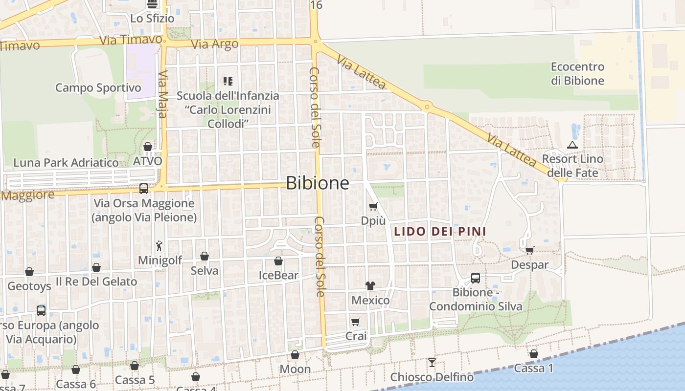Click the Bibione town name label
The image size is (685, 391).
[x=318, y=183]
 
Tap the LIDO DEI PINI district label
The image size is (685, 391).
[x=440, y=231]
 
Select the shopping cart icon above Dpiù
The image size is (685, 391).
[x=373, y=207]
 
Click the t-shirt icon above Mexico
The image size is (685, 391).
[x=370, y=286]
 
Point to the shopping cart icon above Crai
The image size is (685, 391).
[x=356, y=322]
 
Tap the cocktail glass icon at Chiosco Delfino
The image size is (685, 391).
[x=432, y=363]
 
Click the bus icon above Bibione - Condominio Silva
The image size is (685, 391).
[x=475, y=278]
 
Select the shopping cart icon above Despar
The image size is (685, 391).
[x=529, y=251]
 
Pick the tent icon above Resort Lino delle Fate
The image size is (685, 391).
[x=572, y=145]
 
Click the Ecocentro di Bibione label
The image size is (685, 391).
[x=577, y=74]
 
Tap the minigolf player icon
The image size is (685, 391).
[x=159, y=245]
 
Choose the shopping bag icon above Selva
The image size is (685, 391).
[x=205, y=256]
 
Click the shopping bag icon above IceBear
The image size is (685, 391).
[x=278, y=261]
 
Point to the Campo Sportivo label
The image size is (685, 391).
[x=98, y=88]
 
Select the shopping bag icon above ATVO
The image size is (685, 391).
[x=148, y=147]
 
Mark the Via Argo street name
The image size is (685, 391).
[x=215, y=44]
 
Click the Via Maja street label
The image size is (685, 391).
[x=163, y=94]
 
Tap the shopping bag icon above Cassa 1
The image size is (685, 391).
[x=534, y=354]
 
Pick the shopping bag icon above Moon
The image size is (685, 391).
[x=295, y=355]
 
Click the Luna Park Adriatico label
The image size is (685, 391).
[x=66, y=163]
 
